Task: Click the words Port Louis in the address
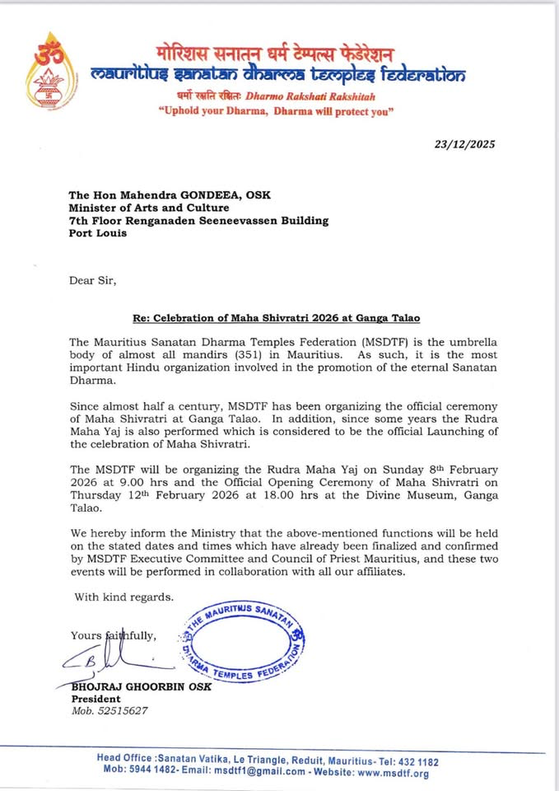98,233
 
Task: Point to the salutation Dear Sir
92,280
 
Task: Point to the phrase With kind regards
124,597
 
